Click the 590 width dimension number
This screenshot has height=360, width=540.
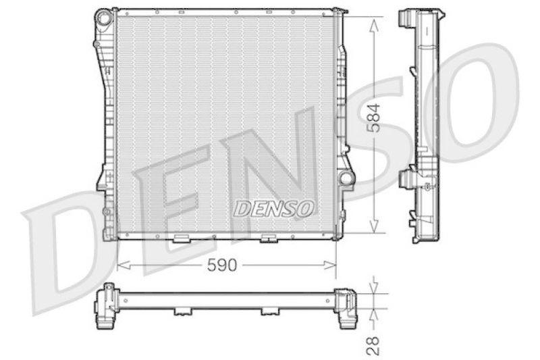[x=222, y=265]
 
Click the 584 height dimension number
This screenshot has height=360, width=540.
[x=374, y=118]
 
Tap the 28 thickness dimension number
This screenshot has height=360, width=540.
[x=373, y=346]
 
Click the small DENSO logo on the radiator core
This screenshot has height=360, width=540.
[x=274, y=208]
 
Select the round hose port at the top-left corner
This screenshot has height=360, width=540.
[x=104, y=17]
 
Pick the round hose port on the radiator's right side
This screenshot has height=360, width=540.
[x=346, y=178]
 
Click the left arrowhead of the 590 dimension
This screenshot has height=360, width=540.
[x=124, y=265]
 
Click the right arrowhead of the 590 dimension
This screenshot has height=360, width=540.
[x=329, y=265]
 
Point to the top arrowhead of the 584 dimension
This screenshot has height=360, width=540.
[x=374, y=25]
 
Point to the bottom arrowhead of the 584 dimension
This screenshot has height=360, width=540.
[x=374, y=226]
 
